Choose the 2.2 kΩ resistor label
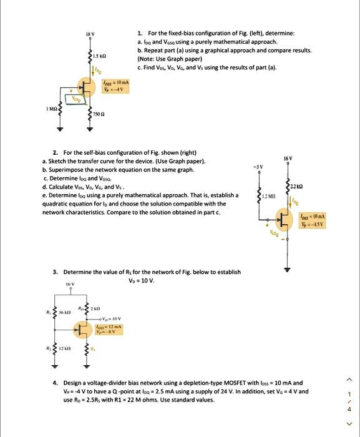296,188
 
